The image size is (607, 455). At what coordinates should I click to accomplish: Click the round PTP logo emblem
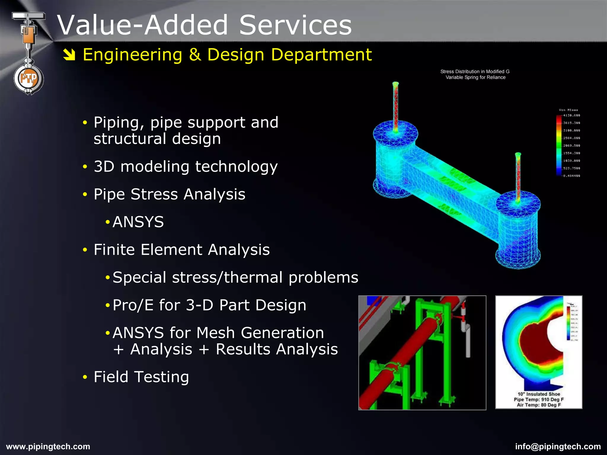pos(29,79)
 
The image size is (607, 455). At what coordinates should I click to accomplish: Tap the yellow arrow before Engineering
pos(69,55)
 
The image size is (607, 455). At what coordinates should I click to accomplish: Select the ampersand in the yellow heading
pos(195,55)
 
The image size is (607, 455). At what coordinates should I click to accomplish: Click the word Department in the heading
pos(321,55)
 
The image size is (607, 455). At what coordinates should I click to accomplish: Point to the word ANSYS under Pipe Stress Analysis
pos(138,222)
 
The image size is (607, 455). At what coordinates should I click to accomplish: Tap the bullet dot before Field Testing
pos(85,377)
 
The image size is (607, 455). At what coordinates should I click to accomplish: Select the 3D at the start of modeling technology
pos(104,166)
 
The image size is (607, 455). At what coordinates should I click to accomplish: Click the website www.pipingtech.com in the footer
pos(48,446)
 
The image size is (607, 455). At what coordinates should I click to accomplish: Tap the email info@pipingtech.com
pos(558,446)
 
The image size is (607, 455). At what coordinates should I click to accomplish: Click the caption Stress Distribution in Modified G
pos(475,71)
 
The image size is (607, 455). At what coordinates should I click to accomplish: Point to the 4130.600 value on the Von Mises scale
pos(571,115)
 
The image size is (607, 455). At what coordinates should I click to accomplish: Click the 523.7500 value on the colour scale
pos(571,168)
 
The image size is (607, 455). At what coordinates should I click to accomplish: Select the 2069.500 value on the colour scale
pos(571,145)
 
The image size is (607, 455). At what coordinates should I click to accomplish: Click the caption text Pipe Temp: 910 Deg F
pos(539,399)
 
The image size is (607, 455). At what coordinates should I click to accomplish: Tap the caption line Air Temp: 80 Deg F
pos(539,405)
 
